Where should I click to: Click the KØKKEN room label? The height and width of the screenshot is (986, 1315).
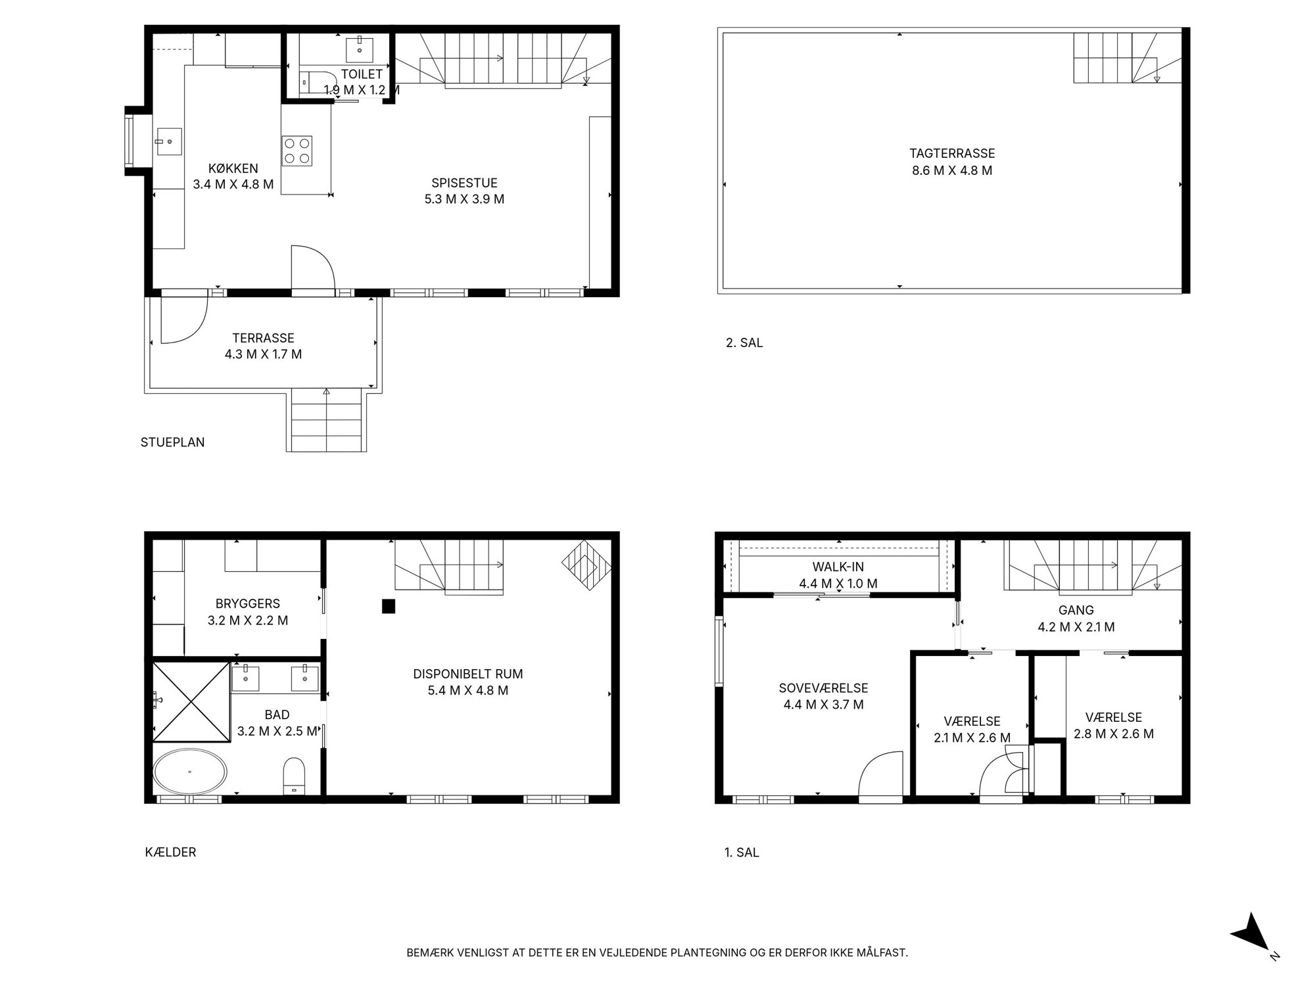pyautogui.click(x=233, y=168)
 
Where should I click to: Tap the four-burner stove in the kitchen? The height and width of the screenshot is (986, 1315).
pyautogui.click(x=297, y=151)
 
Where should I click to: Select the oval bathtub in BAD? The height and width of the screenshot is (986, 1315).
pyautogui.click(x=190, y=771)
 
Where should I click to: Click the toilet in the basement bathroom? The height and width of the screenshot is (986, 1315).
pyautogui.click(x=294, y=776)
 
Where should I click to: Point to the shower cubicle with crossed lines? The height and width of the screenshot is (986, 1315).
pyautogui.click(x=191, y=701)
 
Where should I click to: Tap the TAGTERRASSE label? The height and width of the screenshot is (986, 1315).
pyautogui.click(x=952, y=153)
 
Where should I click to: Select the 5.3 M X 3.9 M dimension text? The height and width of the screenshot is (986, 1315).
pyautogui.click(x=464, y=199)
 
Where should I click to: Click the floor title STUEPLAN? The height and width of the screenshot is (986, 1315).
pyautogui.click(x=172, y=442)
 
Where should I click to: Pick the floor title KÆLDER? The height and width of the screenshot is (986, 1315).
pyautogui.click(x=170, y=852)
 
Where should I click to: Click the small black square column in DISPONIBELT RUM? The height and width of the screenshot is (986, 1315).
pyautogui.click(x=389, y=606)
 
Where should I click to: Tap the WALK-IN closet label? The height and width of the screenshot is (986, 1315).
pyautogui.click(x=838, y=567)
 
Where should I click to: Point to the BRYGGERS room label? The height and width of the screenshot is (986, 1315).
pyautogui.click(x=248, y=603)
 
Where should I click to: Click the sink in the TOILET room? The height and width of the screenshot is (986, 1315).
pyautogui.click(x=360, y=50)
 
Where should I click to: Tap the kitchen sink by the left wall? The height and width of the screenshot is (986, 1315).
pyautogui.click(x=169, y=141)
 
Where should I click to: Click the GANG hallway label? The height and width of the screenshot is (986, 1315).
pyautogui.click(x=1076, y=610)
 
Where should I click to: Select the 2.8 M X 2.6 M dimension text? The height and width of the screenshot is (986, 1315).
pyautogui.click(x=1114, y=734)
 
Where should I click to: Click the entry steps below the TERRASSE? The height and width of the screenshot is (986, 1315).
pyautogui.click(x=327, y=420)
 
